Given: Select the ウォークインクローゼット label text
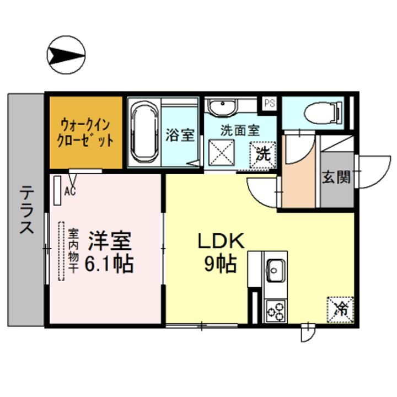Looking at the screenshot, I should tap(85, 132).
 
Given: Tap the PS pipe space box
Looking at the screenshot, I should tap(269, 103).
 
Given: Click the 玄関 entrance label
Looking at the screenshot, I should tap(336, 178).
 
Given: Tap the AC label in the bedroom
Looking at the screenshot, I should tap(70, 192).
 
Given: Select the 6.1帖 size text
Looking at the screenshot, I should tap(109, 265).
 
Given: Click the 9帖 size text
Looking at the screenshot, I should tap(221, 265).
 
